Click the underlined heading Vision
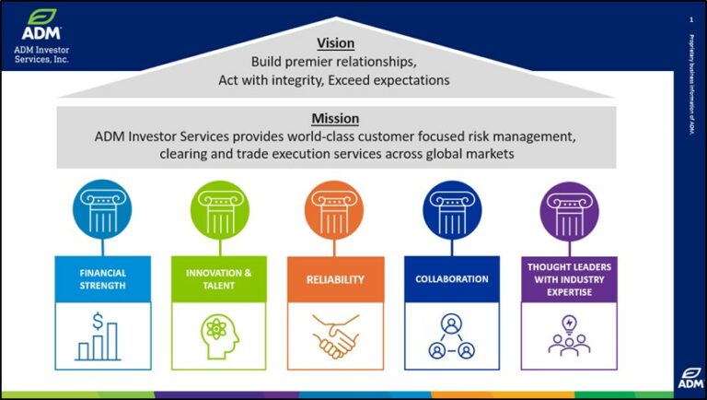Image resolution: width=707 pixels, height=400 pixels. tap(335, 43)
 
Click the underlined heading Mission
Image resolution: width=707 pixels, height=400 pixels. tap(335, 119)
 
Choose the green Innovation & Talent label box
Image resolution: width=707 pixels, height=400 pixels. tap(218, 278)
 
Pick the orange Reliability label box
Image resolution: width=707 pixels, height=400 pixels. tap(335, 279)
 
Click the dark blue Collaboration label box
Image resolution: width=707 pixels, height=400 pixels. tap(452, 278)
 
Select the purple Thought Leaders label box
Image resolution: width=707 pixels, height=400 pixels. tap(568, 278)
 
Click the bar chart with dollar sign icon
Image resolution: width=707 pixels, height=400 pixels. tap(101, 336)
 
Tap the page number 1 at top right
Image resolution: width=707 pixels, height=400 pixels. tap(690, 19)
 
